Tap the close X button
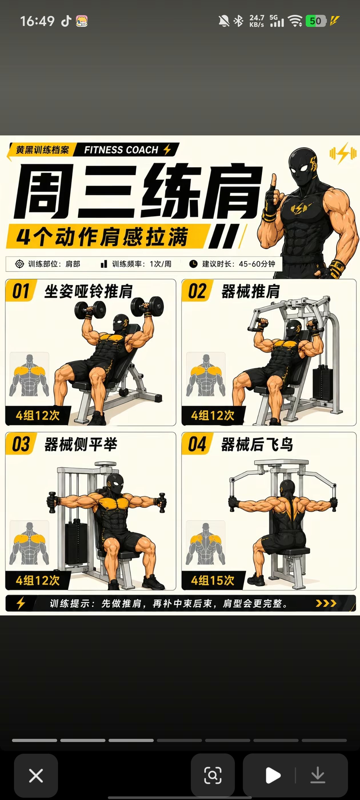(36, 775)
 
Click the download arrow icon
(318, 775)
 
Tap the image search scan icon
(213, 775)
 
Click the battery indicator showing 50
(316, 21)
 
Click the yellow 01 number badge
(21, 291)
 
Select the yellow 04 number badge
(197, 444)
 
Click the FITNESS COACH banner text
(121, 150)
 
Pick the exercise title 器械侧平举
(81, 444)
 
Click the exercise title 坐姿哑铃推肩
(89, 291)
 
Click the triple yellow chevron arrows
(326, 603)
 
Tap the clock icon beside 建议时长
(193, 264)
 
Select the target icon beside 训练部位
(19, 264)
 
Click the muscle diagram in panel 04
(205, 543)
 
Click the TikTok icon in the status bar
(66, 21)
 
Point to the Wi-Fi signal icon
(295, 21)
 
